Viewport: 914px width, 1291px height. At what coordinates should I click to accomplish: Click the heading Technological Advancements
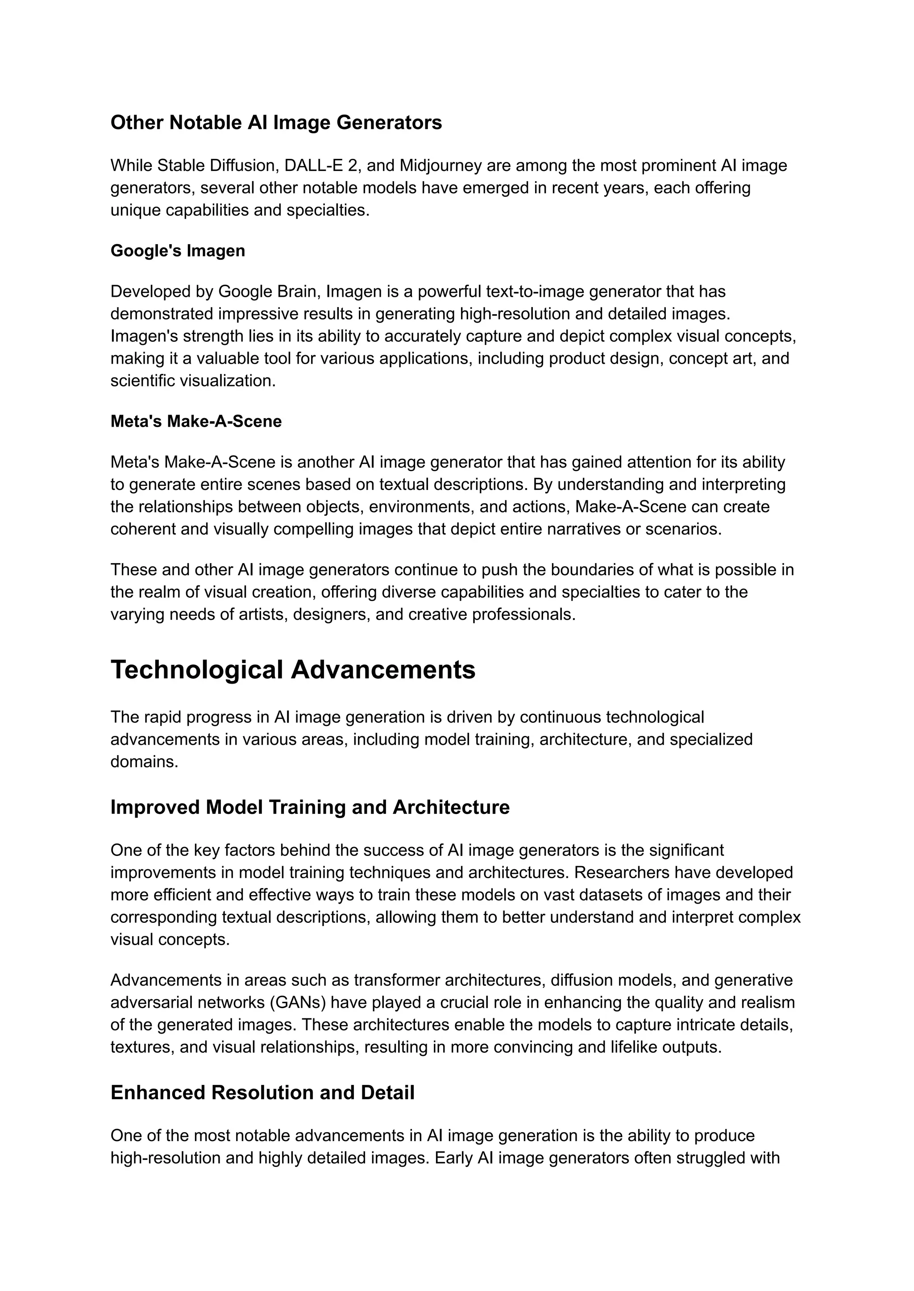[x=293, y=670]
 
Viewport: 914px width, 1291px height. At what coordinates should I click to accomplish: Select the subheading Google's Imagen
[x=178, y=250]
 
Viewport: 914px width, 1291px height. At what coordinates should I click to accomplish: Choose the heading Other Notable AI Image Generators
[x=276, y=122]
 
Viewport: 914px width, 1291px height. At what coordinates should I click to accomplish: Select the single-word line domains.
[x=144, y=762]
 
